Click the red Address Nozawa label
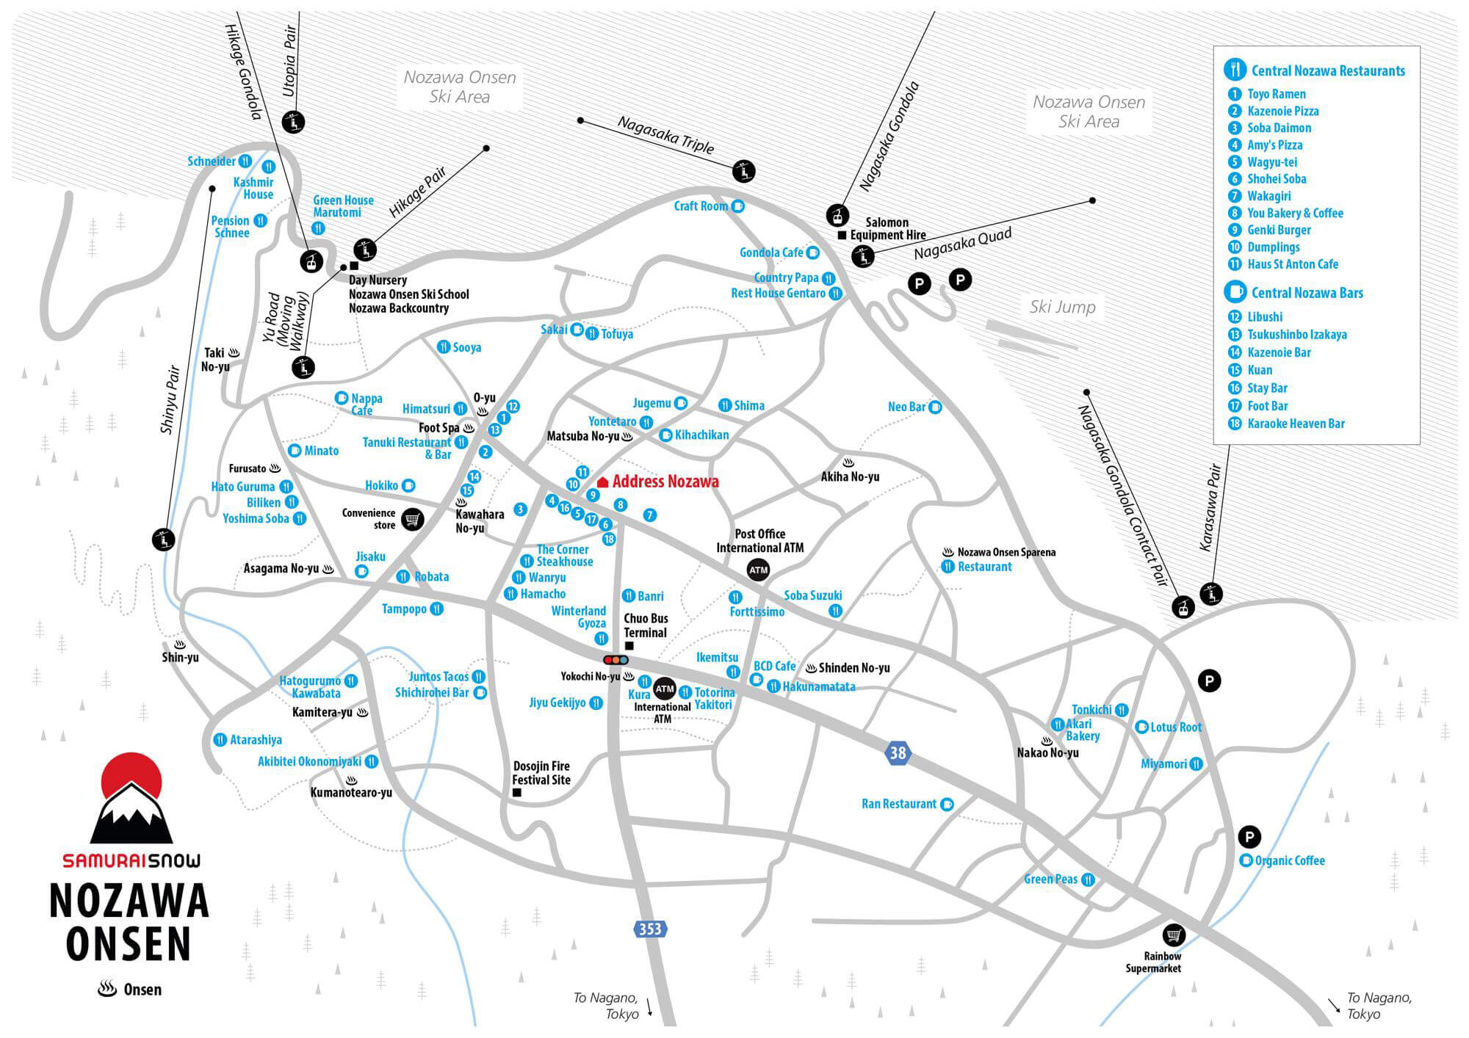665,482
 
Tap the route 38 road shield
898,752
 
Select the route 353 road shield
650,929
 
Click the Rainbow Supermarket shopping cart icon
1174,935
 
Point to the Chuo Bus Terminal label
646,625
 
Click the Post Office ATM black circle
758,570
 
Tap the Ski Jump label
1062,307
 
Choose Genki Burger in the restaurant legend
1279,230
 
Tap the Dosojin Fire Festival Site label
541,773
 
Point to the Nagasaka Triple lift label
665,135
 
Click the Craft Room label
701,206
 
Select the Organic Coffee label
1290,860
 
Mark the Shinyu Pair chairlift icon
163,540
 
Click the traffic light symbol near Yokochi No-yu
616,660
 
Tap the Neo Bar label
906,407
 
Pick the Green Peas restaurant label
1051,879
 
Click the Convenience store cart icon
413,519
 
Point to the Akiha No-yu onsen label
850,476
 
